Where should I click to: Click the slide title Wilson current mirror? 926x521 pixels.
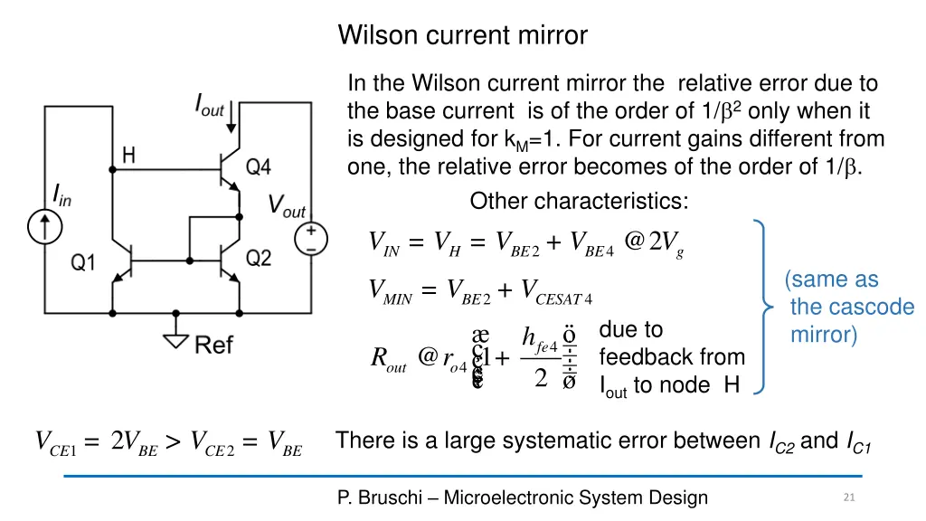pos(462,35)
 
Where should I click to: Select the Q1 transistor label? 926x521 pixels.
pos(84,262)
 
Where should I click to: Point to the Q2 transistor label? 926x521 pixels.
pos(259,258)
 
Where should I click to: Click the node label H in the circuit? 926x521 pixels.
pos(129,156)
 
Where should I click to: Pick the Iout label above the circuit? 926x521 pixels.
pos(210,106)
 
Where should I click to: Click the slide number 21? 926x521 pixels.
pos(847,497)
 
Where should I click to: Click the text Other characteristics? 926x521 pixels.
pos(579,201)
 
